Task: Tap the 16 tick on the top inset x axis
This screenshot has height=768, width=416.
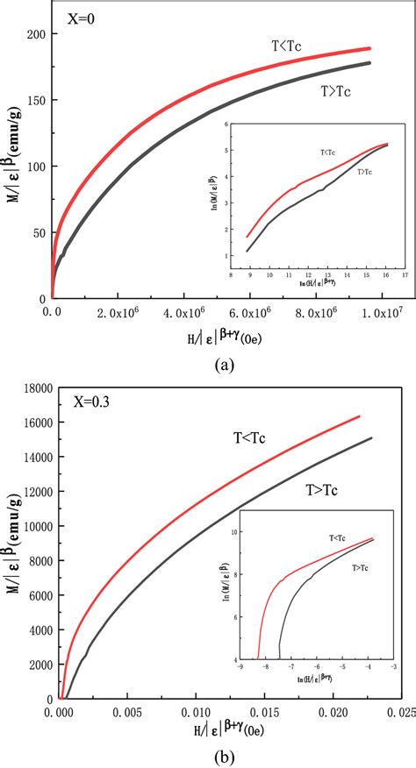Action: pos(384,274)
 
